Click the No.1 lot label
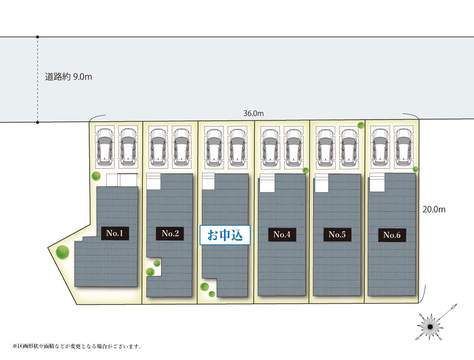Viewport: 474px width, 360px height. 115,233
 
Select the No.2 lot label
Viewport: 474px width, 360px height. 170,233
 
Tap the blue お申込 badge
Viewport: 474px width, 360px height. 225,235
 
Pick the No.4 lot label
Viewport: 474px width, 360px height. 282,234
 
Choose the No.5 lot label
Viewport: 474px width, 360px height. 337,234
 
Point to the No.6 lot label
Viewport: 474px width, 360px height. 392,235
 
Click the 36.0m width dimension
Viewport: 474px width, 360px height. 253,113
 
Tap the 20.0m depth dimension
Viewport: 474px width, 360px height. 434,209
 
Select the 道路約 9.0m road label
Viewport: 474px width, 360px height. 69,77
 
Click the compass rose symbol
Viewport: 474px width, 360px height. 430,327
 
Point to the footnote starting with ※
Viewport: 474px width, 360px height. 77,346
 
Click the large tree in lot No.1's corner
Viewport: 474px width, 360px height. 62,252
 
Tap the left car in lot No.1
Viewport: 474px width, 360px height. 105,147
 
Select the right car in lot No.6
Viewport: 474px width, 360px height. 404,147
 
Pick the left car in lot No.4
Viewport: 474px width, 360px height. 270,148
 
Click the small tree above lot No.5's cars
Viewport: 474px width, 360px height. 361,125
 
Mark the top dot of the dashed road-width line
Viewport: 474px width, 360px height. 37,37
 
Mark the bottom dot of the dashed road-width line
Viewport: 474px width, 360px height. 37,123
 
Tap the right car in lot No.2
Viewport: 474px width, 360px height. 181,147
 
